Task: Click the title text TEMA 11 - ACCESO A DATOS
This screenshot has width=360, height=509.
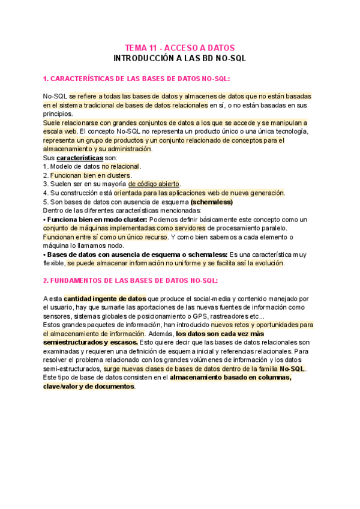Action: click(179, 47)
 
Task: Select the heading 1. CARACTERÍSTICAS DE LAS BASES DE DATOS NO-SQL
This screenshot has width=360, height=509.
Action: click(136, 79)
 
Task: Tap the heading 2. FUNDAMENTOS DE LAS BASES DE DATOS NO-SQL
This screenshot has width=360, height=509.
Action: click(130, 280)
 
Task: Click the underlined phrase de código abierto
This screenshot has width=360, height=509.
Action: click(154, 184)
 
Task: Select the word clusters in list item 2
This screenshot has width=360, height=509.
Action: click(119, 175)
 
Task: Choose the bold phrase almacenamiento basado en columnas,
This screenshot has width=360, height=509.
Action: click(231, 378)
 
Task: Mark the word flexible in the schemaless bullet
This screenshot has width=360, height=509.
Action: click(54, 264)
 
